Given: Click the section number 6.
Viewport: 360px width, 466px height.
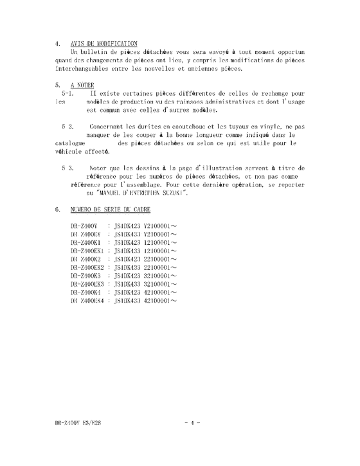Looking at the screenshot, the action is point(57,210).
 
